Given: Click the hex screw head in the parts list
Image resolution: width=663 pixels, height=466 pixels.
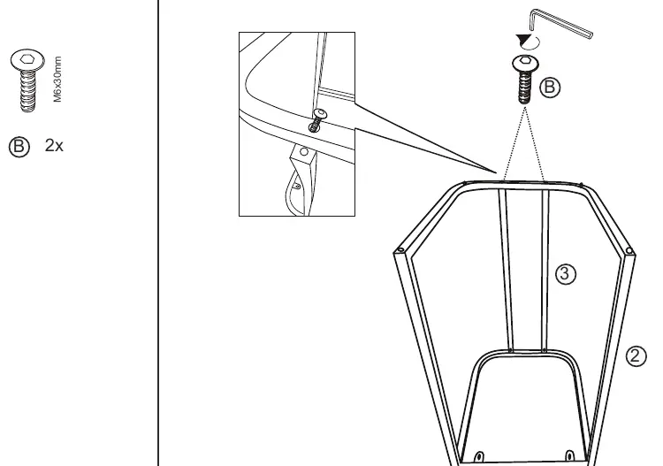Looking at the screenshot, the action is pyautogui.click(x=27, y=60).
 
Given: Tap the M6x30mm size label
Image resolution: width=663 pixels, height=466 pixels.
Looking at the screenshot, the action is pyautogui.click(x=58, y=79).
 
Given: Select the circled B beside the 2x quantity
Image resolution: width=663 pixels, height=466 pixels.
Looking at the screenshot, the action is pyautogui.click(x=19, y=147).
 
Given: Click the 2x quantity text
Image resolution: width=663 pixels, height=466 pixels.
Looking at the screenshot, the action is pyautogui.click(x=54, y=146).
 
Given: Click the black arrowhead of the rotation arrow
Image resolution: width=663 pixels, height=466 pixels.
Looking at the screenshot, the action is pyautogui.click(x=523, y=41).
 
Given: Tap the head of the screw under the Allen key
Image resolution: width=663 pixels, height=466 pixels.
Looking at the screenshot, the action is pyautogui.click(x=526, y=63).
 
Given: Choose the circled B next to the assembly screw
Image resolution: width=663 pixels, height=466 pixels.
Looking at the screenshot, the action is pyautogui.click(x=550, y=88).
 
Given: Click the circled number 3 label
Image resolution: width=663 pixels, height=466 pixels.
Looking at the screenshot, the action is pyautogui.click(x=566, y=274).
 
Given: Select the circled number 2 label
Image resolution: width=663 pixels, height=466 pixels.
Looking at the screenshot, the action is pyautogui.click(x=636, y=356).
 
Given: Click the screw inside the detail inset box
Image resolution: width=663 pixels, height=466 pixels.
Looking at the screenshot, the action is pyautogui.click(x=317, y=119).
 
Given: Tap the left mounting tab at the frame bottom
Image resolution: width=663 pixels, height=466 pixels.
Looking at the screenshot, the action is pyautogui.click(x=479, y=456).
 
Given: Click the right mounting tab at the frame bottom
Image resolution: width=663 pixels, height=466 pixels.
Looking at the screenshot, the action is pyautogui.click(x=569, y=456).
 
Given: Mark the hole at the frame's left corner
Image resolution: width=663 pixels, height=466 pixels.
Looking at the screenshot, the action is pyautogui.click(x=400, y=250).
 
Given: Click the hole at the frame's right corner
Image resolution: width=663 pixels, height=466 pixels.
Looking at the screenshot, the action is pyautogui.click(x=629, y=251).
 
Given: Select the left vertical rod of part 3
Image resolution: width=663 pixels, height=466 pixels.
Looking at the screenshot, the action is pyautogui.click(x=506, y=270).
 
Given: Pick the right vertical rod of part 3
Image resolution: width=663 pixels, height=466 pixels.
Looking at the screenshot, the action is pyautogui.click(x=545, y=270).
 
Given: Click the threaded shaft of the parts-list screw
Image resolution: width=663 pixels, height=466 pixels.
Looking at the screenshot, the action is pyautogui.click(x=28, y=91).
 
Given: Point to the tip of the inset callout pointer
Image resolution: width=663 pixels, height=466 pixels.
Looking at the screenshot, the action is pyautogui.click(x=497, y=173).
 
